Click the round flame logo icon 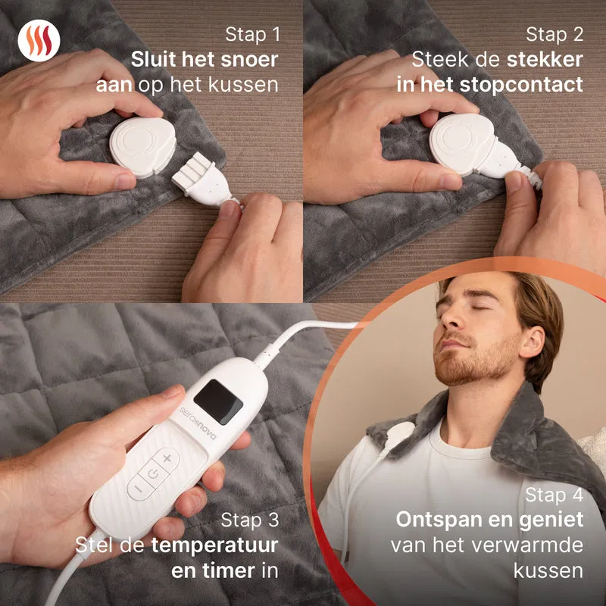click(39, 41)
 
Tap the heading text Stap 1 click(252, 34)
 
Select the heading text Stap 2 click(554, 34)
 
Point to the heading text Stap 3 click(250, 520)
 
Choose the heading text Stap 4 click(554, 495)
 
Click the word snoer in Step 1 click(249, 60)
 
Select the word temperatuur click(214, 545)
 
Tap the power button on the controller click(154, 473)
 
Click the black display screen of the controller click(218, 401)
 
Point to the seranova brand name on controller click(198, 423)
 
